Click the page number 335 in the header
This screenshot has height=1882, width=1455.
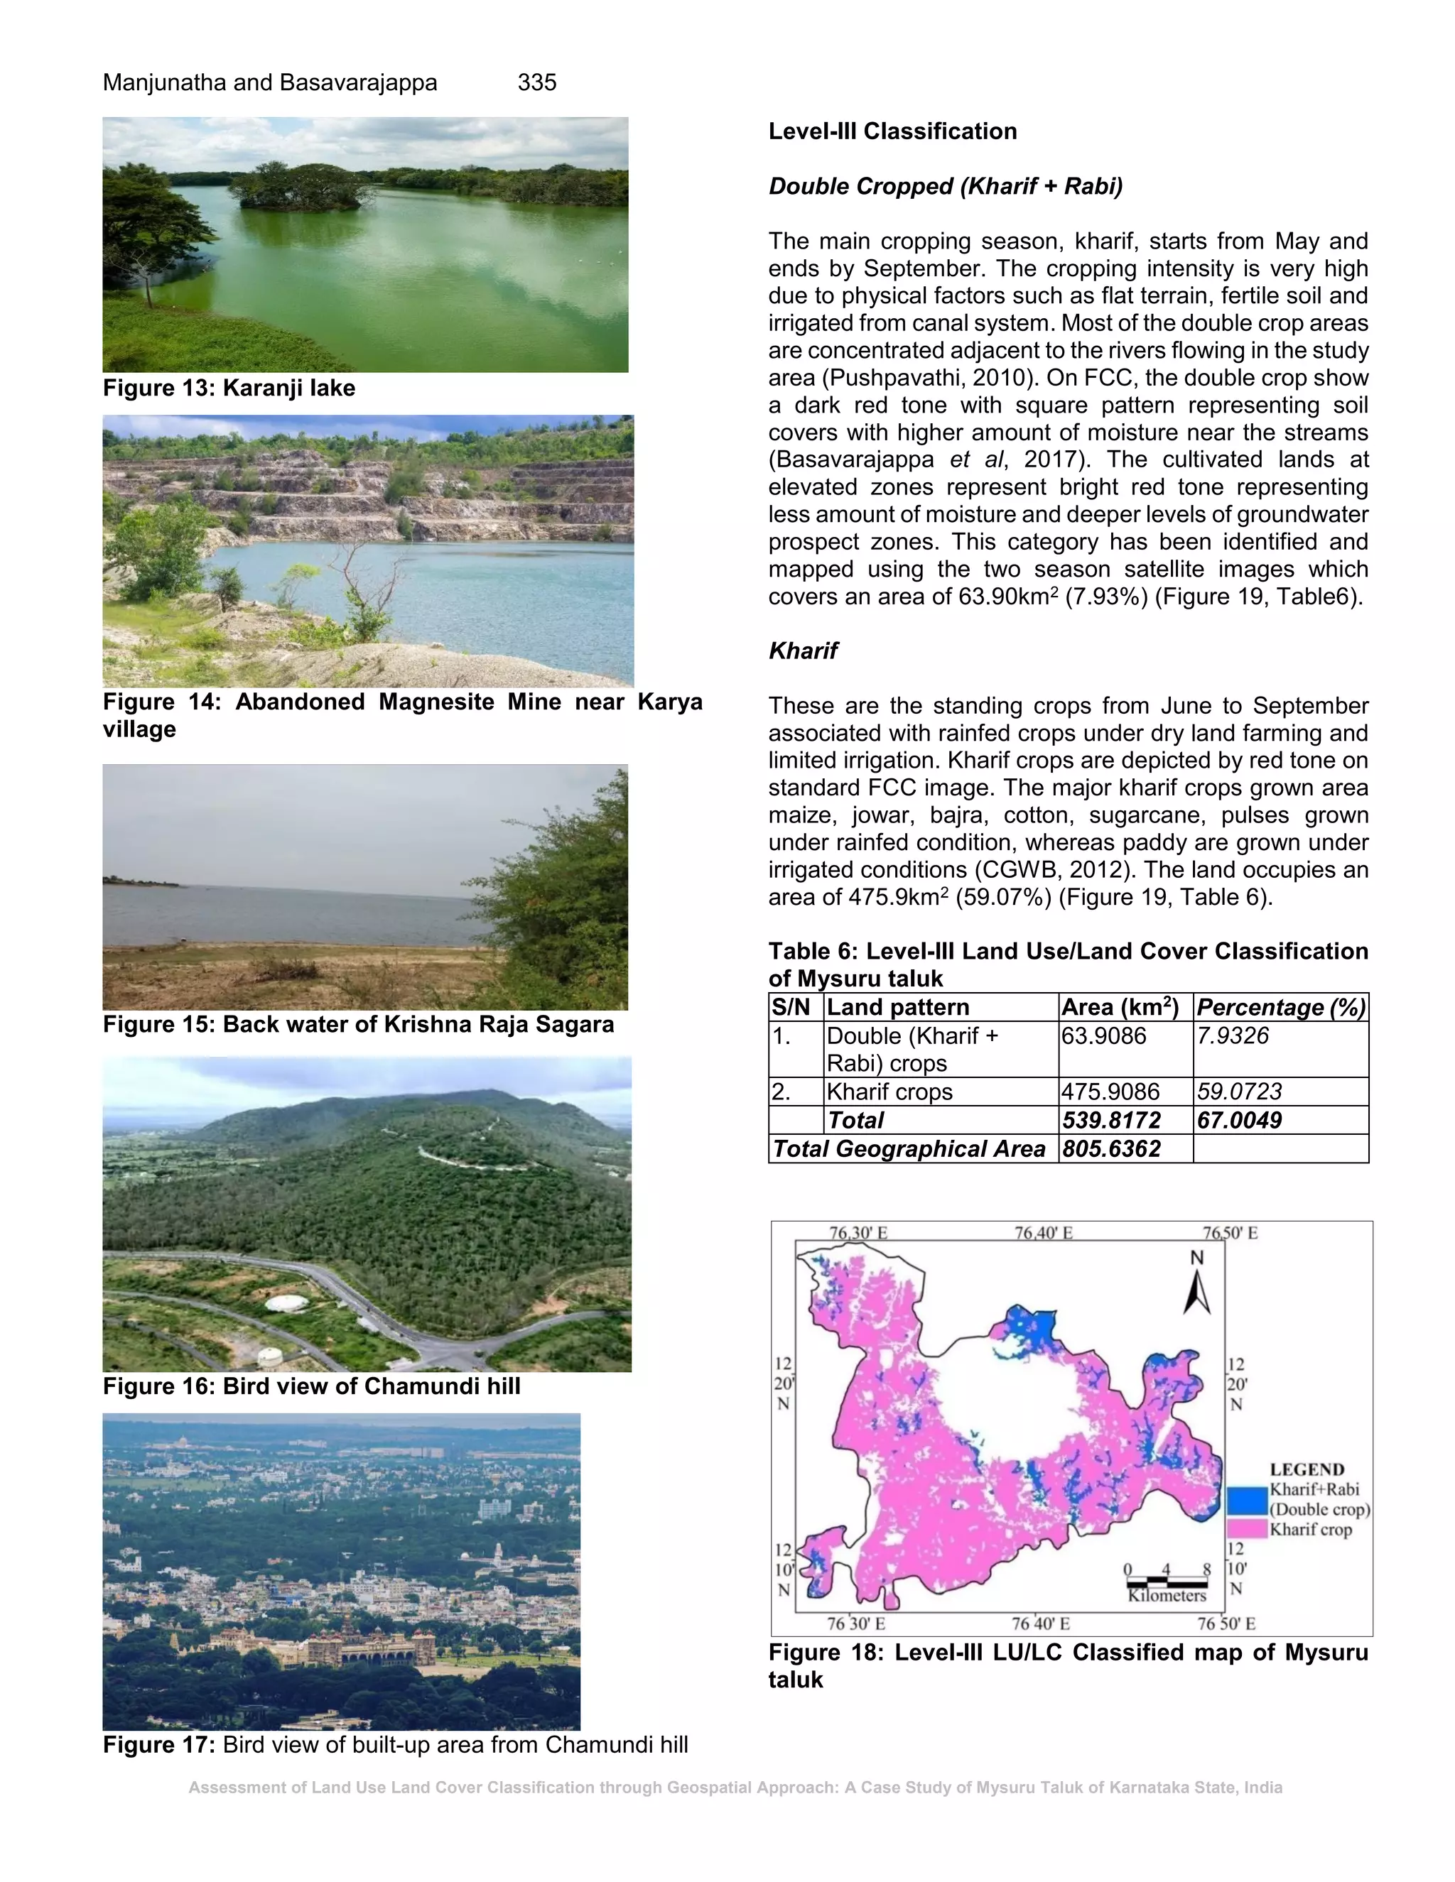tap(536, 82)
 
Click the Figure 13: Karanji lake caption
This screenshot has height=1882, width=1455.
tap(229, 388)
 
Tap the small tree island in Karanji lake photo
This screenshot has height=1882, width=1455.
tap(298, 186)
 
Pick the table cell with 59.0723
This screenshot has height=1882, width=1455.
tap(1238, 1092)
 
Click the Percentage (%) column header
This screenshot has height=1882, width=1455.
tap(1280, 1007)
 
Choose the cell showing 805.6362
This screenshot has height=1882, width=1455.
tap(1111, 1148)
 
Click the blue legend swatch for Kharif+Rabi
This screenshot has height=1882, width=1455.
tap(1245, 1500)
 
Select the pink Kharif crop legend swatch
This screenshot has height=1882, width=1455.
tap(1245, 1530)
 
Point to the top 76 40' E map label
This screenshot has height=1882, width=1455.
tap(1043, 1233)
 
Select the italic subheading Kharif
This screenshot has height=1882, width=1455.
tap(803, 651)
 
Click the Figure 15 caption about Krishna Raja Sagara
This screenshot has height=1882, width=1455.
tap(358, 1025)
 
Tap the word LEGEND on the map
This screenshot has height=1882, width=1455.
tap(1307, 1469)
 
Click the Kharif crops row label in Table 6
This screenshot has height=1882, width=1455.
tap(889, 1092)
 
